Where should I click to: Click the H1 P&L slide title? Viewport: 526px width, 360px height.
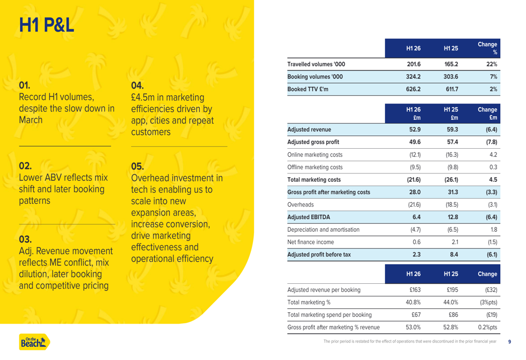point(46,25)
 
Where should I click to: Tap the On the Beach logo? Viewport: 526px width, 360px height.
point(35,342)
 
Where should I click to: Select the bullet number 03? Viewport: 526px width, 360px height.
point(25,239)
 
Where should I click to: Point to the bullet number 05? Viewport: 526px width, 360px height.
point(137,166)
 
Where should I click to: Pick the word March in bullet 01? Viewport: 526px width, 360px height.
point(31,120)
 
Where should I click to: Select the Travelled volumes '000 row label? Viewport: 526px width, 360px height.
point(316,64)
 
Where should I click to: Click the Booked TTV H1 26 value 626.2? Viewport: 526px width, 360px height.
point(413,89)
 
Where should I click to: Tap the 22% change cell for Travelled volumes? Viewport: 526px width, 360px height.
point(492,64)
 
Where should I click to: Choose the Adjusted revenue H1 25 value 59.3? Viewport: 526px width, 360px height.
point(452,129)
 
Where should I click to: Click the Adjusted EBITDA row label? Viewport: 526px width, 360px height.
point(309,217)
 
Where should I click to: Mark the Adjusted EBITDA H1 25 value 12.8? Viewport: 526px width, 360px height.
point(453,217)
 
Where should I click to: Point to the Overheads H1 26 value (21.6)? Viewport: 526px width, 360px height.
point(414,204)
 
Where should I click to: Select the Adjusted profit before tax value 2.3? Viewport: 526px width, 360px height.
point(417,254)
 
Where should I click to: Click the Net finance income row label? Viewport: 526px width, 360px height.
point(311,242)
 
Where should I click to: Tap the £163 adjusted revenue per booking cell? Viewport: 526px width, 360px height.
point(415,290)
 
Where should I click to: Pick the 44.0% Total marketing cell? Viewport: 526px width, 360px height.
point(451,302)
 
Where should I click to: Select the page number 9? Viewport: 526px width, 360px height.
point(510,342)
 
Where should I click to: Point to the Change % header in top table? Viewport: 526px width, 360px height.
point(488,48)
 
